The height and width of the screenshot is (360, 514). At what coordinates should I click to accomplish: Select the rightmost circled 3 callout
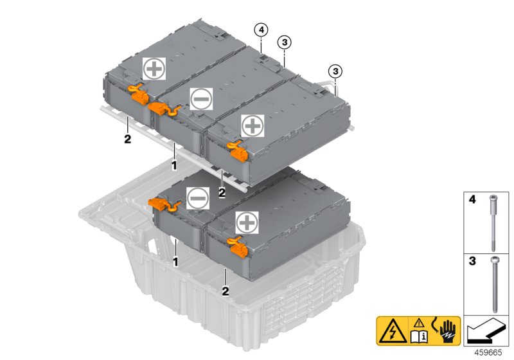coord(333,71)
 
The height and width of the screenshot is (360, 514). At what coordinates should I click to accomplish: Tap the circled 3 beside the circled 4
coord(284,42)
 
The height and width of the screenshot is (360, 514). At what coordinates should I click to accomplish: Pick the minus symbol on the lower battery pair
coord(197,199)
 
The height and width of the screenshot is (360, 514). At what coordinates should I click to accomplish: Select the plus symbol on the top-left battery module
coord(154,68)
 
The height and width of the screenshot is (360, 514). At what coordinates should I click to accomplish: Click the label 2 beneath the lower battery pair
coord(226,291)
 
